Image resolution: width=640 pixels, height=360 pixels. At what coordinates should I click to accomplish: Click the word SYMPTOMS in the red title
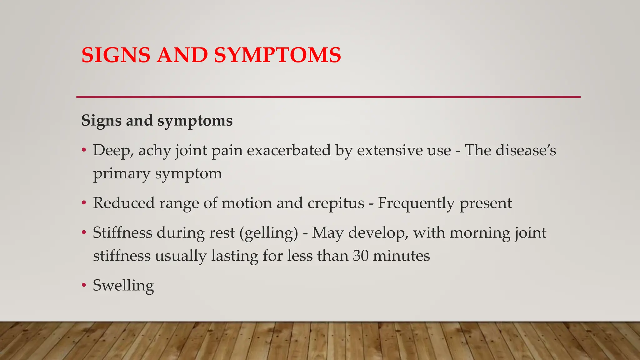[277, 55]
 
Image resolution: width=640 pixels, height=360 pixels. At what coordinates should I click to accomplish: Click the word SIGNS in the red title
[116, 55]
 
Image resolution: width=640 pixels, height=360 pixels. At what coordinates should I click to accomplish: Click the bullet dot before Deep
[83, 151]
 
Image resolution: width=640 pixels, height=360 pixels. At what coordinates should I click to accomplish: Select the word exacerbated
[289, 150]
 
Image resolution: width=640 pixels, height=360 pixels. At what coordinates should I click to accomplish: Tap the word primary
[122, 174]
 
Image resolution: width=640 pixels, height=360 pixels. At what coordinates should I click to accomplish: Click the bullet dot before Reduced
[83, 203]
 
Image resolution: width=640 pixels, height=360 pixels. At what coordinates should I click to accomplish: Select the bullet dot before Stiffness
[83, 233]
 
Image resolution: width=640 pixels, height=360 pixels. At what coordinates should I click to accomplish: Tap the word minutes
[401, 256]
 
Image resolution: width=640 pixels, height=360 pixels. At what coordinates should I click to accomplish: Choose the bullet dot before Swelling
[83, 285]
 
